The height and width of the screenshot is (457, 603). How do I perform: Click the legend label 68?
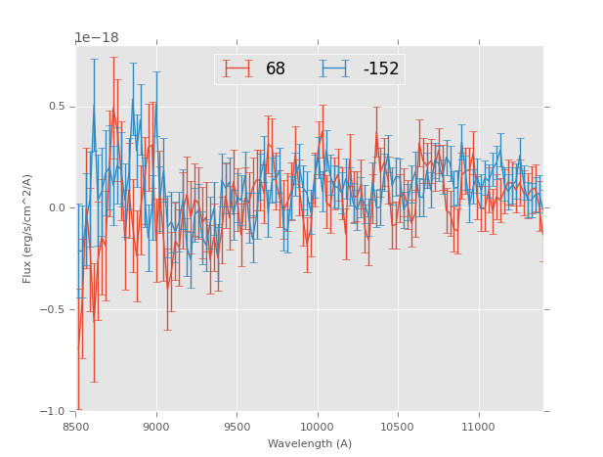[x=276, y=69]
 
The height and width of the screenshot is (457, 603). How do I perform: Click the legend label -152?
[x=381, y=69]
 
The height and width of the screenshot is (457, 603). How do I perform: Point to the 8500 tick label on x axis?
[x=76, y=427]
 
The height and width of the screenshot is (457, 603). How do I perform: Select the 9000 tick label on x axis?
[x=156, y=427]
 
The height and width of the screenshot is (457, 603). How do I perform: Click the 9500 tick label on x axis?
[x=237, y=427]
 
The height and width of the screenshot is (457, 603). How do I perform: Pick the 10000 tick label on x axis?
[x=317, y=427]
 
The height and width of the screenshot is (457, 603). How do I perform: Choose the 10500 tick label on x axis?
[x=397, y=427]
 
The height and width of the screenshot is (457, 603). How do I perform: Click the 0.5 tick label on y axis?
[x=57, y=107]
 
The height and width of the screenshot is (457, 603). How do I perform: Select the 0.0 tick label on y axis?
[x=57, y=208]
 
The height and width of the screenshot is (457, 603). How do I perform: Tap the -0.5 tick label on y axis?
[x=55, y=310]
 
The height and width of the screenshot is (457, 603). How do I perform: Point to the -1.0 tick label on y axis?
[x=55, y=411]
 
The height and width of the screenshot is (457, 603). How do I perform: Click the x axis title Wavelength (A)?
[x=310, y=444]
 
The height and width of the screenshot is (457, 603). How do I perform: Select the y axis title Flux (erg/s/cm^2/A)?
[x=28, y=228]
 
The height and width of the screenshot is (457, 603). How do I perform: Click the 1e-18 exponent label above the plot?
[x=97, y=38]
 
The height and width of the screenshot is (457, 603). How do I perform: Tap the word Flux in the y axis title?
[x=28, y=273]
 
